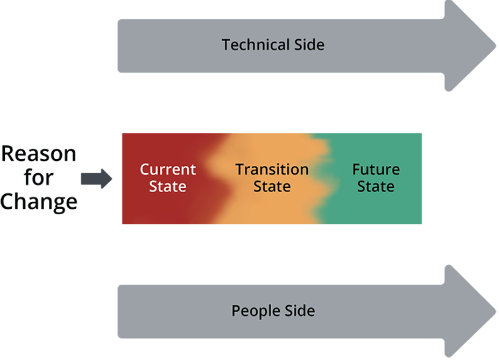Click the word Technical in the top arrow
tap(255, 45)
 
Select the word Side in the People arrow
tap(300, 311)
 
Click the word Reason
tap(39, 154)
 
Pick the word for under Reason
tap(39, 178)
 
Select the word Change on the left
tap(39, 201)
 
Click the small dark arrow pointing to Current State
tap(96, 179)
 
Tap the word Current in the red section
tap(168, 170)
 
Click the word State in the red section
tap(168, 186)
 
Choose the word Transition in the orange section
tap(272, 170)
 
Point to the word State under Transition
tap(272, 186)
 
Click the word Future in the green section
tap(376, 170)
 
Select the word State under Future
tap(376, 186)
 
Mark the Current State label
tap(168, 178)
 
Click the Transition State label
tap(272, 178)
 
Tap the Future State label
tap(376, 178)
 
